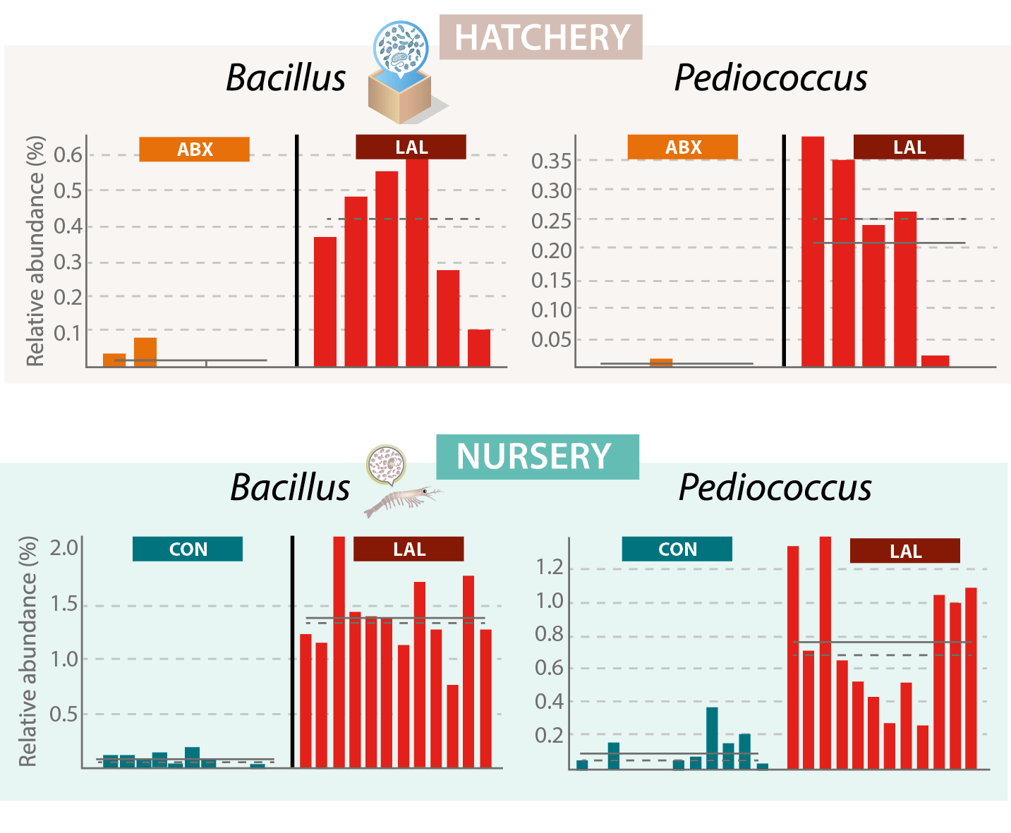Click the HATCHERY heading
541,37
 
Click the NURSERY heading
534,456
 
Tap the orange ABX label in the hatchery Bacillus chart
194,150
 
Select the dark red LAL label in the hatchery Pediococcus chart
909,147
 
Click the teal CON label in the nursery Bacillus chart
188,549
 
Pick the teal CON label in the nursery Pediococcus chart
677,549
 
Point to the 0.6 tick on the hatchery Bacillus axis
68,155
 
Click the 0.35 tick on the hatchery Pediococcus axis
551,161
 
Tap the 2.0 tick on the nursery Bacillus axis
64,547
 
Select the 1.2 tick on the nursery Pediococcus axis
550,567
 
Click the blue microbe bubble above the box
400,47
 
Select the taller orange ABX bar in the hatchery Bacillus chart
145,352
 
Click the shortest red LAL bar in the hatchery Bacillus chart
479,348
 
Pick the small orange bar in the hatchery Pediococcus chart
661,363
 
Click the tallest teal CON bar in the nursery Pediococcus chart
712,737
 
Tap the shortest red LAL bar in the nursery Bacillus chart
452,726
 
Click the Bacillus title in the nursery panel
290,487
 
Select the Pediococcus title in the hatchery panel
770,78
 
